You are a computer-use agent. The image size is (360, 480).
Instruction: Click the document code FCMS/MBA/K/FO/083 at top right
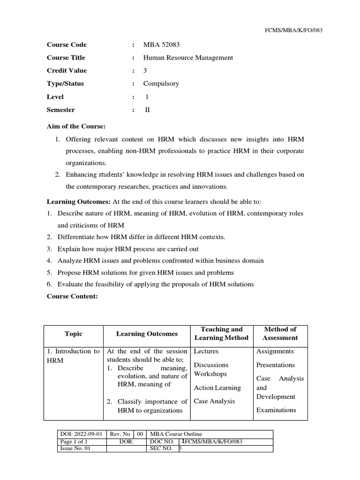[294, 30]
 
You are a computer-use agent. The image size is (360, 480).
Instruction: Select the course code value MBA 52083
[161, 45]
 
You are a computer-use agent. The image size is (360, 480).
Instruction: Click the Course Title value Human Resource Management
[188, 58]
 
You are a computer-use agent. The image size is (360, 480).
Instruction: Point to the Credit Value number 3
[145, 71]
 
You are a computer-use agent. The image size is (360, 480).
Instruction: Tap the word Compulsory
[161, 84]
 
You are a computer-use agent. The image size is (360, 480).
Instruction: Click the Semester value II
[146, 110]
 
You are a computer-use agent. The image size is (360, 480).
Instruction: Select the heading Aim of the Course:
[76, 127]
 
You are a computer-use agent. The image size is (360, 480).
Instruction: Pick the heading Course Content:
[72, 297]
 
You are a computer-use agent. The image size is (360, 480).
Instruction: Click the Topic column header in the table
[74, 334]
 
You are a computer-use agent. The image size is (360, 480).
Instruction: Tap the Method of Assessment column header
[280, 333]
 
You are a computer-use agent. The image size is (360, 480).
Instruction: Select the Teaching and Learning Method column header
[221, 333]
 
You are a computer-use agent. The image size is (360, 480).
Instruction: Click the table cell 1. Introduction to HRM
[73, 356]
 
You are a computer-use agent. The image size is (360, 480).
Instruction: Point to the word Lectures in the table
[206, 351]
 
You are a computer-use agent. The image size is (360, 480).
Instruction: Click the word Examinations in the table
[276, 410]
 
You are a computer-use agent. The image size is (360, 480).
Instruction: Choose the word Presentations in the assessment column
[276, 365]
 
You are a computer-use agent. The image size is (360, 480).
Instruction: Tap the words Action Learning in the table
[217, 388]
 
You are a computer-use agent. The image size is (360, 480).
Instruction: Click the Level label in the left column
[55, 97]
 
